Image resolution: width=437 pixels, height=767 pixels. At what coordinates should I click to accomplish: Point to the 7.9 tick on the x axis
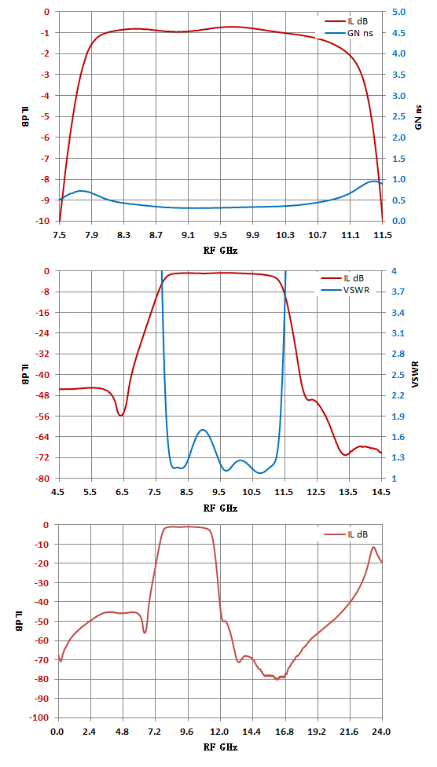(91, 236)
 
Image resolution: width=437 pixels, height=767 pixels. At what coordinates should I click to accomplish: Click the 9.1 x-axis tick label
(189, 236)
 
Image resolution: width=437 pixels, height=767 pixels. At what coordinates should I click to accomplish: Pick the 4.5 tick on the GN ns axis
(399, 33)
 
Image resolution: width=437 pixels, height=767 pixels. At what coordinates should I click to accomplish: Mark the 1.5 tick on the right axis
(399, 159)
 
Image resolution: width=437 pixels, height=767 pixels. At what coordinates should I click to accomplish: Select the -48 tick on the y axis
(43, 395)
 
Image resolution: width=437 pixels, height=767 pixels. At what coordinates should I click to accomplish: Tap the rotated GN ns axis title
(419, 116)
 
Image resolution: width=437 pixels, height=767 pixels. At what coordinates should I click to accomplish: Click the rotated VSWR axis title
(417, 375)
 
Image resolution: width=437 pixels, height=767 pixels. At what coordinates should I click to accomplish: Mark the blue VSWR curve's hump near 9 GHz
(203, 430)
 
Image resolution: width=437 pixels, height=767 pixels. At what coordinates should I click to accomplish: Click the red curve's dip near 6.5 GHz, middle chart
(120, 415)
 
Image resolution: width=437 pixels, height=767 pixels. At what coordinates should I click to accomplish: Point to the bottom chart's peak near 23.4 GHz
(373, 548)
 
